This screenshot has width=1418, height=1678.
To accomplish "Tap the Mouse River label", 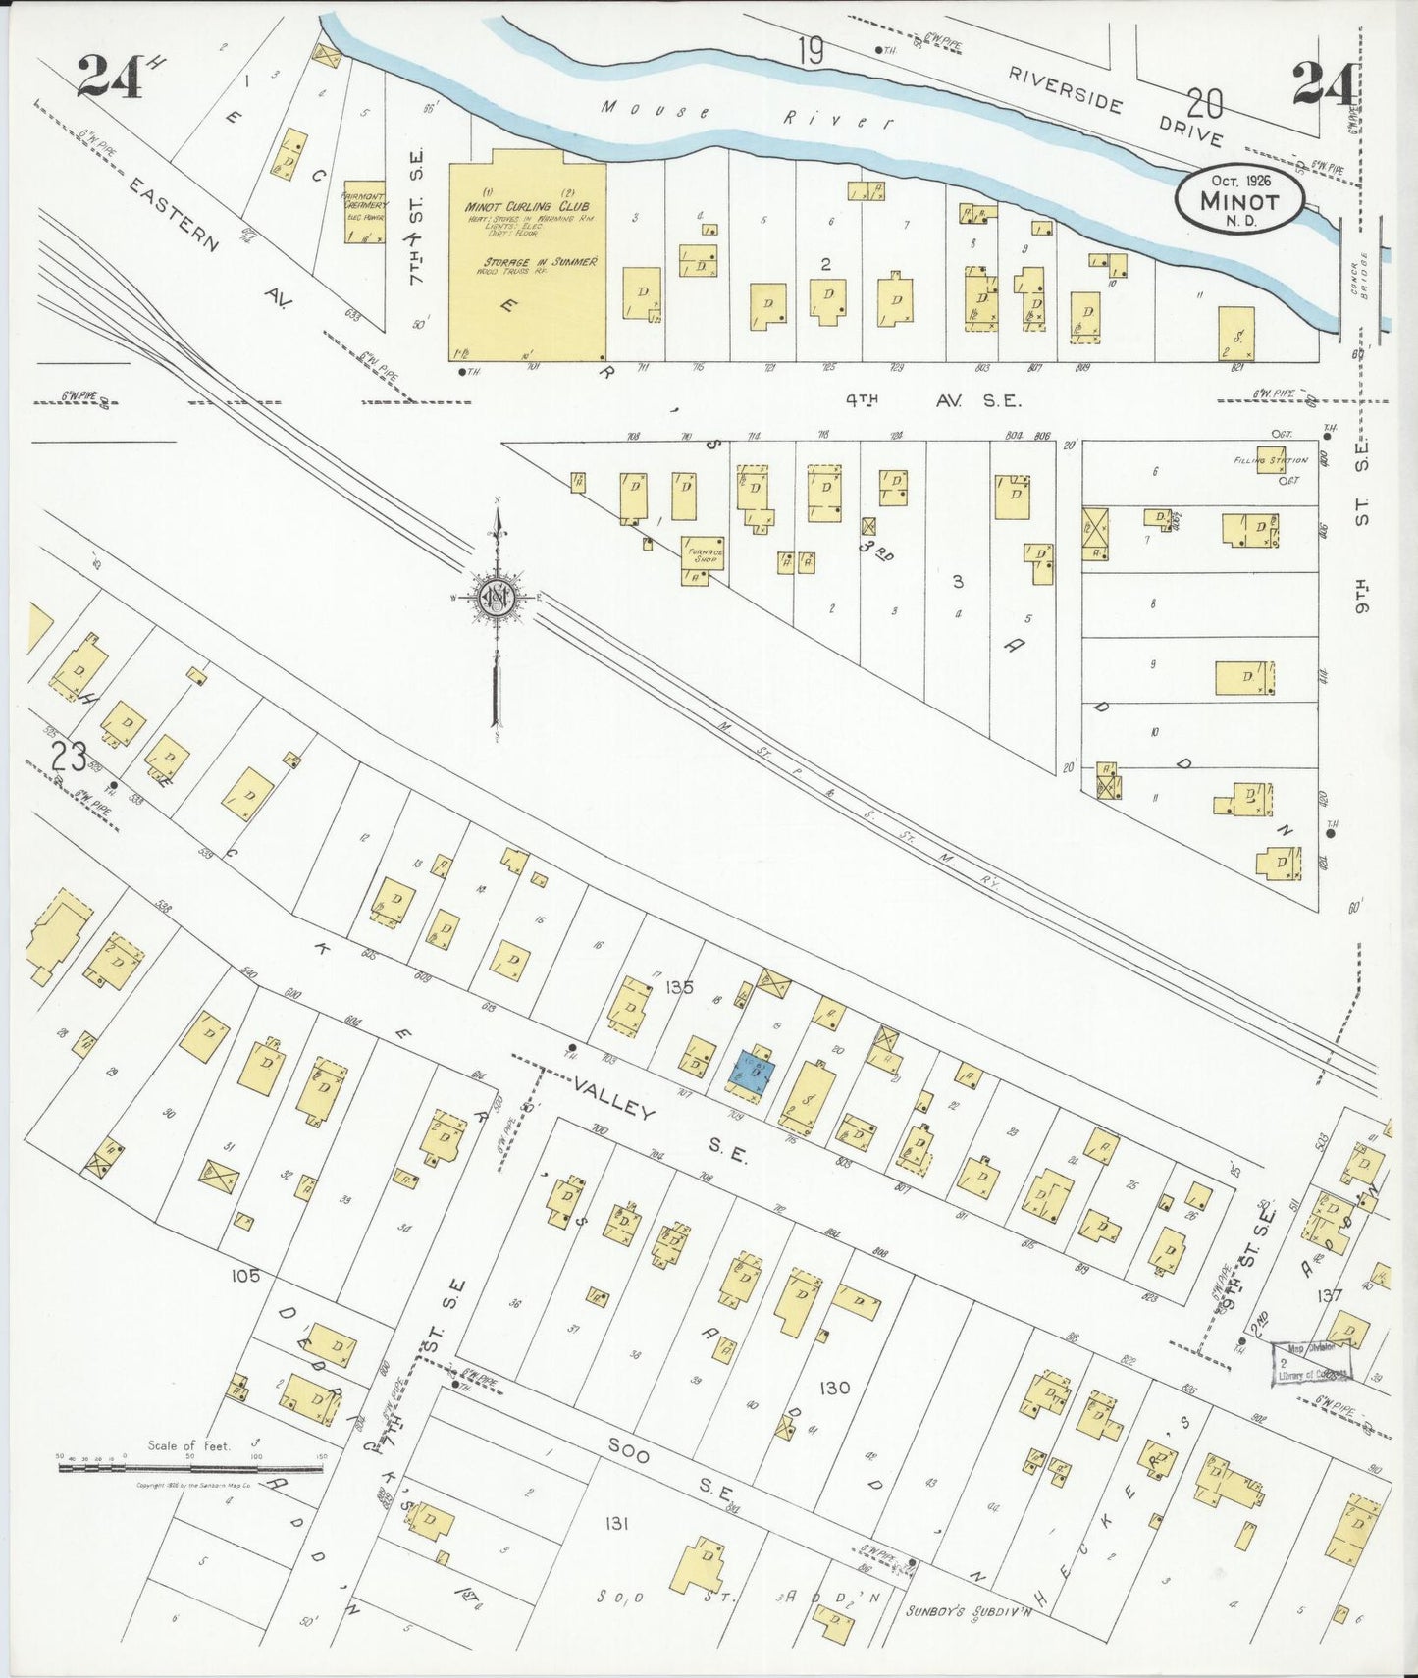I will (x=747, y=115).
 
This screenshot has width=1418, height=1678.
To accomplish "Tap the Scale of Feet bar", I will (x=190, y=1468).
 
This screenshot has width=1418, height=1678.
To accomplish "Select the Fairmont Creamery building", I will (x=363, y=211).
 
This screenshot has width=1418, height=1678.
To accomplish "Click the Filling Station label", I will (x=1270, y=460).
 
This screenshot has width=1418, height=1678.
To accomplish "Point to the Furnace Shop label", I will (x=704, y=555).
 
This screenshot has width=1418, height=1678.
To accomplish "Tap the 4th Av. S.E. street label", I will (x=933, y=400).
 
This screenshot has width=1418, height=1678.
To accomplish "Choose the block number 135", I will (x=679, y=987).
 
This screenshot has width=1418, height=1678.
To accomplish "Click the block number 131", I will (x=616, y=1522).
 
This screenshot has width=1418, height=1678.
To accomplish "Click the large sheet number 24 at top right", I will (x=1325, y=82).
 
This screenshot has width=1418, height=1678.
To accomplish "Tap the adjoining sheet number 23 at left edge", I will (x=69, y=757).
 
